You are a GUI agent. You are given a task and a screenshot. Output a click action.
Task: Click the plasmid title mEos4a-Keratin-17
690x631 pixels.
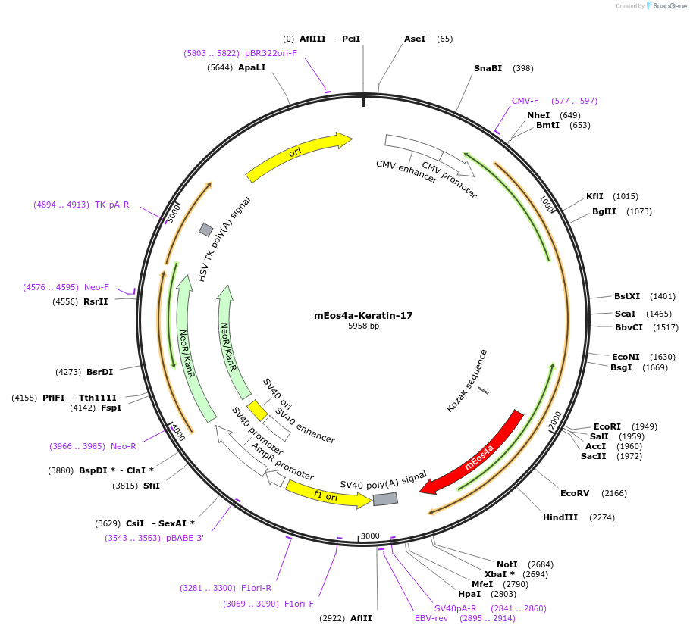point(363,315)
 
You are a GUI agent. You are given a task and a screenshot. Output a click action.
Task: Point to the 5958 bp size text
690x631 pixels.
point(363,326)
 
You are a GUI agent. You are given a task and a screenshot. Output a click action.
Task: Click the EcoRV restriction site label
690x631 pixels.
point(575,493)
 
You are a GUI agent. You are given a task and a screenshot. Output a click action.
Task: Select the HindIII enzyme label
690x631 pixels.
point(560,517)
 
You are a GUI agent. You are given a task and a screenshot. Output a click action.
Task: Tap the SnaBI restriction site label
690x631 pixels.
point(488,68)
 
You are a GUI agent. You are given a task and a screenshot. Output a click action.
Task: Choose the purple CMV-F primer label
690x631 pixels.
point(525,101)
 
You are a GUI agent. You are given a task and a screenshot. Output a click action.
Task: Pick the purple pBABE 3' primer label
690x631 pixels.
point(185,538)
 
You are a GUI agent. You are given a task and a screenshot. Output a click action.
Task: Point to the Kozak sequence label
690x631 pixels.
point(467,380)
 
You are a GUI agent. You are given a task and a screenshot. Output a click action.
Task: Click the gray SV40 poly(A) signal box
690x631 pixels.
point(385,498)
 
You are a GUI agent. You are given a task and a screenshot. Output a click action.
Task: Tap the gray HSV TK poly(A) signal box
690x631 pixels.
point(205,229)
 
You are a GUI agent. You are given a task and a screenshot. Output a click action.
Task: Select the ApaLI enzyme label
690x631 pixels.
point(252,67)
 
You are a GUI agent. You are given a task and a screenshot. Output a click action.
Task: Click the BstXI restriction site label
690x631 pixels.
point(627,296)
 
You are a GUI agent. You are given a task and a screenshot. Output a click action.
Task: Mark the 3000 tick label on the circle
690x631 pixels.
point(370,536)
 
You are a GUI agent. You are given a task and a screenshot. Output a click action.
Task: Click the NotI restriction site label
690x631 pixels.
point(507,564)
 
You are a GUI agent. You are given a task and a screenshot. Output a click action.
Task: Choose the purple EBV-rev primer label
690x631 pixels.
point(431,618)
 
